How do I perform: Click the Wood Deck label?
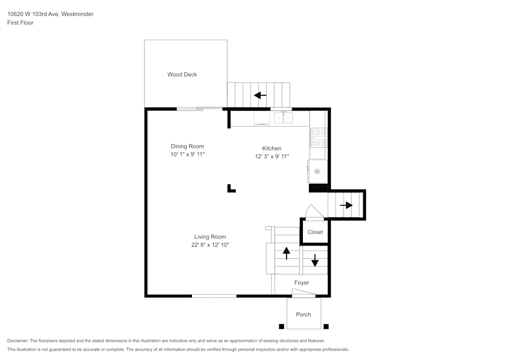tap(182, 74)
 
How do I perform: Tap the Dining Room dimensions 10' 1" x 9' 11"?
tap(187, 154)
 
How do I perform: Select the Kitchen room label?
tap(272, 148)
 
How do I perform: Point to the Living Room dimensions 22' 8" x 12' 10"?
tap(210, 245)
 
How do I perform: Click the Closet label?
tap(315, 232)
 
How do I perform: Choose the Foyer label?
tap(301, 283)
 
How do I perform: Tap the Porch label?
tap(303, 314)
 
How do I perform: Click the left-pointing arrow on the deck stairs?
tap(260, 95)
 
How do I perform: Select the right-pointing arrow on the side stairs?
tap(346, 205)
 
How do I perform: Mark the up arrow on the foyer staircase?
tap(286, 253)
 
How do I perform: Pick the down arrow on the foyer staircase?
tap(315, 260)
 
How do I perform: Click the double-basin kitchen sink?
tap(284, 118)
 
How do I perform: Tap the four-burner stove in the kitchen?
tap(319, 137)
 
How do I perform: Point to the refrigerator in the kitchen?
tap(317, 171)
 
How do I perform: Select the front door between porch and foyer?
tap(303, 293)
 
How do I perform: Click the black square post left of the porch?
tap(280, 326)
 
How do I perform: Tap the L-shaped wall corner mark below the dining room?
tap(231, 188)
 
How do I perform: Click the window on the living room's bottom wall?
tap(214, 296)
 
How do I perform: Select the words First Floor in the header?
tap(20, 23)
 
